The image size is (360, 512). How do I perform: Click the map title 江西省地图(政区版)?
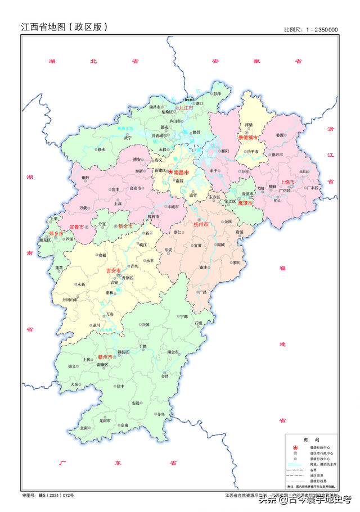[x=64, y=26]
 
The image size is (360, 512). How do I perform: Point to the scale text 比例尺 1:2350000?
[x=310, y=29]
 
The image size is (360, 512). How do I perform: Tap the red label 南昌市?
[x=181, y=171]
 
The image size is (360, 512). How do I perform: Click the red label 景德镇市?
[x=247, y=137]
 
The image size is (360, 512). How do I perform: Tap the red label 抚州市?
[x=201, y=224]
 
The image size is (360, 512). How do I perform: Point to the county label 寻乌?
[x=161, y=414]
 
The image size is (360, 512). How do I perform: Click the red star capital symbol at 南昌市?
[x=171, y=171]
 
